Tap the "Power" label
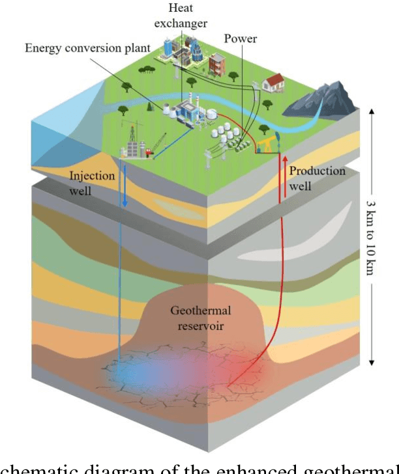pos(241,39)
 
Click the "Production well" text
pos(317,176)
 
